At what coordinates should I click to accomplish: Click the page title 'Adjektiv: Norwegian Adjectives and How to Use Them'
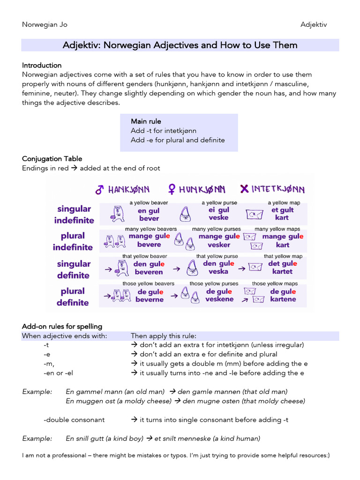[180, 45]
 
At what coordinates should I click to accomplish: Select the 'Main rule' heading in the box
[146, 121]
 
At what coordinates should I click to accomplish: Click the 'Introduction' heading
[42, 65]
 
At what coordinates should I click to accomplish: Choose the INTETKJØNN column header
[273, 189]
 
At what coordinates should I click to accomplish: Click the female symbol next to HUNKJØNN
[172, 189]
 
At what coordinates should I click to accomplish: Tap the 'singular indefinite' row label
[74, 214]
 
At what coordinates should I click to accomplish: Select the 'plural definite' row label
[73, 297]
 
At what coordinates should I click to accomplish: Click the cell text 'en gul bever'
[149, 215]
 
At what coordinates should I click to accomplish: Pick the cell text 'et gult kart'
[283, 214]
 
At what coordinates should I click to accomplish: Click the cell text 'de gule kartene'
[283, 295]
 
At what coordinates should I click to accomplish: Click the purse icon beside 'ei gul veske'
[185, 215]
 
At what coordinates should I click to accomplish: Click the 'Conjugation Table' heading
[52, 158]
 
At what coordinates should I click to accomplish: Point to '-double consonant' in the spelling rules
[74, 420]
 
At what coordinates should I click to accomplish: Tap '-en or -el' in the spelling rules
[59, 373]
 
